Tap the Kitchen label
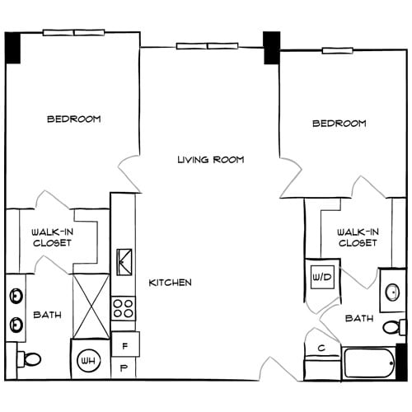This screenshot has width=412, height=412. click(170, 283)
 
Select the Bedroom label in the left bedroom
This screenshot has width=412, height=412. click(73, 119)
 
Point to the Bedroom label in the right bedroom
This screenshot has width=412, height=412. click(339, 124)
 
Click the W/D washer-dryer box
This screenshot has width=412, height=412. click(321, 277)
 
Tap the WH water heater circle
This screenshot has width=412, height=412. click(88, 359)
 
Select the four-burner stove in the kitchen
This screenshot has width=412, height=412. click(123, 309)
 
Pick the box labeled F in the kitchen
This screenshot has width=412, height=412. click(124, 344)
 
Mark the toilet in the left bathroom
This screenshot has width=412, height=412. click(29, 359)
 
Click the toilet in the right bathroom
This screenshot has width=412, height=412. click(393, 327)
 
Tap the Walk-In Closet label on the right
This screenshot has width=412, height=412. click(357, 238)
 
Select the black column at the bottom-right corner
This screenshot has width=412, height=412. click(401, 360)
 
